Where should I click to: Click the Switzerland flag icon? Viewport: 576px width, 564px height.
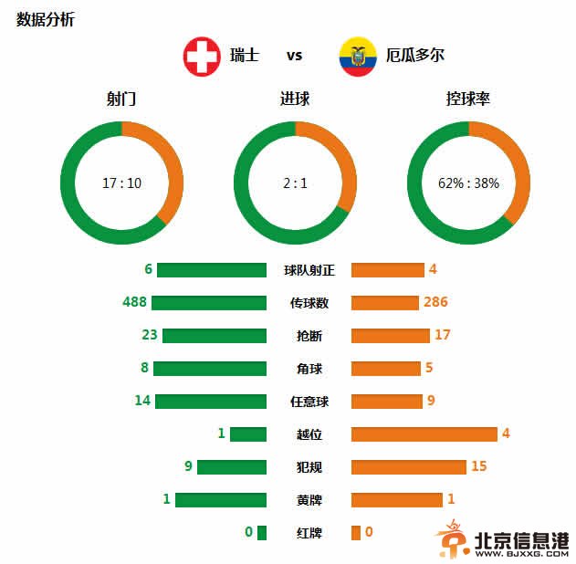pyautogui.click(x=203, y=56)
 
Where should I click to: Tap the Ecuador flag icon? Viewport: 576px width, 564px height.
pyautogui.click(x=357, y=56)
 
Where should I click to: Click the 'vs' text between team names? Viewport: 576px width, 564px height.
pyautogui.click(x=294, y=56)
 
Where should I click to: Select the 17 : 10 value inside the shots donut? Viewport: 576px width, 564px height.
pyautogui.click(x=121, y=183)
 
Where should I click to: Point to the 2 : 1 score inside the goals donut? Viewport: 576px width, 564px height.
pyautogui.click(x=295, y=183)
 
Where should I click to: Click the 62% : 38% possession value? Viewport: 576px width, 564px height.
pyautogui.click(x=468, y=183)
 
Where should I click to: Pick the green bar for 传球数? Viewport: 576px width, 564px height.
pyautogui.click(x=209, y=303)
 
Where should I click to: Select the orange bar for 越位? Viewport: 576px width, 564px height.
pyautogui.click(x=424, y=434)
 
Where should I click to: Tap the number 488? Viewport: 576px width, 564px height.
pyautogui.click(x=134, y=302)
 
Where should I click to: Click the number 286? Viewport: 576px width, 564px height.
pyautogui.click(x=435, y=302)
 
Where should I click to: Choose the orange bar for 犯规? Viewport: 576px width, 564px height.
pyautogui.click(x=408, y=467)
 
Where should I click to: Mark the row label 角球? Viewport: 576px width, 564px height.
pyautogui.click(x=309, y=369)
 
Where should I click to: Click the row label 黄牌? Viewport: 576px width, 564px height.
pyautogui.click(x=309, y=500)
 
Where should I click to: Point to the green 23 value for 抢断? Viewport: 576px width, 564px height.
pyautogui.click(x=150, y=335)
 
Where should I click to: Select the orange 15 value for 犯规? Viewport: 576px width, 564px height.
pyautogui.click(x=479, y=466)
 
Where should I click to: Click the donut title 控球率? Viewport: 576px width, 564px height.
pyautogui.click(x=468, y=99)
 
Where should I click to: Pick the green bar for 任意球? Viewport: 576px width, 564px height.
pyautogui.click(x=211, y=402)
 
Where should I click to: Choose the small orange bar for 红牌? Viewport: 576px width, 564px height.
pyautogui.click(x=356, y=533)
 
